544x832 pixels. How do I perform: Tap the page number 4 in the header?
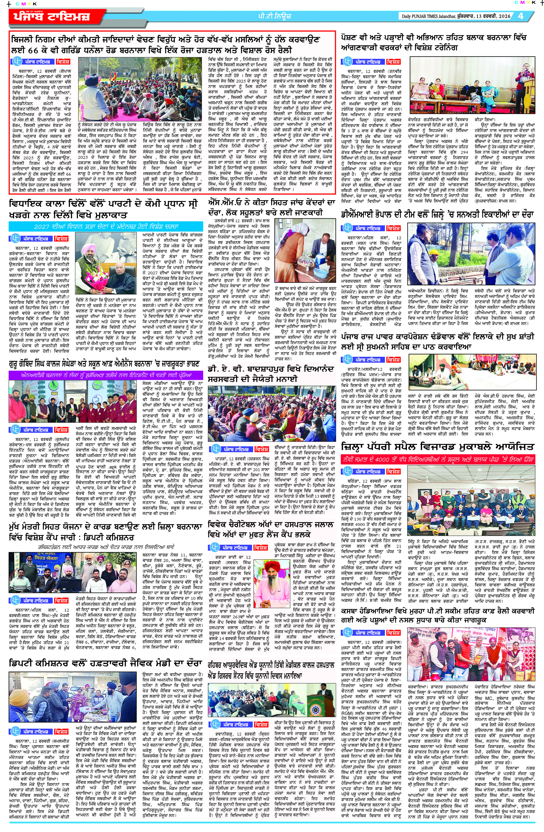point(521,16)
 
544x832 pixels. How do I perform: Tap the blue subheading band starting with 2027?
point(106,226)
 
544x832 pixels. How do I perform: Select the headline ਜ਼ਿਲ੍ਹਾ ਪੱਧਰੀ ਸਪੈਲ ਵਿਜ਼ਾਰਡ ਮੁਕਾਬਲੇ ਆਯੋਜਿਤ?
point(437,447)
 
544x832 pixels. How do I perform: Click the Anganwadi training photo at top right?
point(472,85)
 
